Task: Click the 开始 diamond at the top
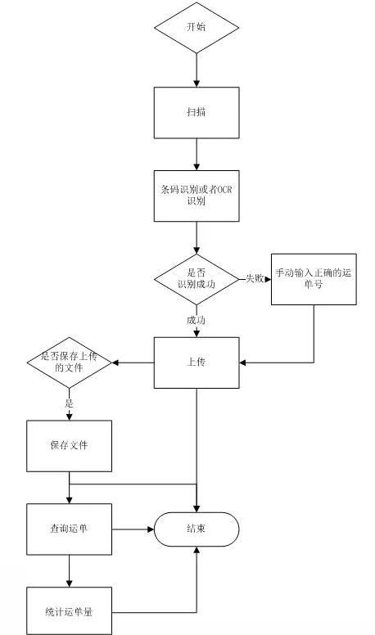click(x=197, y=28)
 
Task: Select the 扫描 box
click(x=197, y=113)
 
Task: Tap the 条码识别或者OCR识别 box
click(x=197, y=196)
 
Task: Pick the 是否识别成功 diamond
click(x=197, y=279)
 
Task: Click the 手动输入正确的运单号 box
click(x=314, y=279)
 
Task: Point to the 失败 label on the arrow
click(x=255, y=278)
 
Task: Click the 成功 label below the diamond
click(x=196, y=320)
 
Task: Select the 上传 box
click(x=197, y=363)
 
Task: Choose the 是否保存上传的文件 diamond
click(x=70, y=363)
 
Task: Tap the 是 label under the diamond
click(x=70, y=403)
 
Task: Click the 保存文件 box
click(x=70, y=446)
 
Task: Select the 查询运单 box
click(x=70, y=529)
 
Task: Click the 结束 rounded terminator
click(x=197, y=529)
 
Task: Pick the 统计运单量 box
click(x=70, y=611)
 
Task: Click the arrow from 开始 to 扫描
click(x=197, y=70)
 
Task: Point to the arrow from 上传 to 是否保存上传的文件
click(x=133, y=363)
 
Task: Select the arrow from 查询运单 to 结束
click(x=133, y=529)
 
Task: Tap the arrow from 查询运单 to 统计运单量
click(x=70, y=571)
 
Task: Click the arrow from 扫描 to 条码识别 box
click(x=197, y=155)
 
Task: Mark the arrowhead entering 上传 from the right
click(x=242, y=363)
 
